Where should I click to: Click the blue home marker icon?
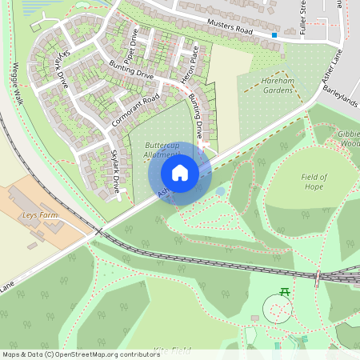180,173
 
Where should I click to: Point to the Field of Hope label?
310,182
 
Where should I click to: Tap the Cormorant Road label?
137,111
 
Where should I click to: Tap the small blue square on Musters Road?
274,35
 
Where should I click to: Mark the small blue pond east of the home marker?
220,191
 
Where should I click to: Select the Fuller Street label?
304,14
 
